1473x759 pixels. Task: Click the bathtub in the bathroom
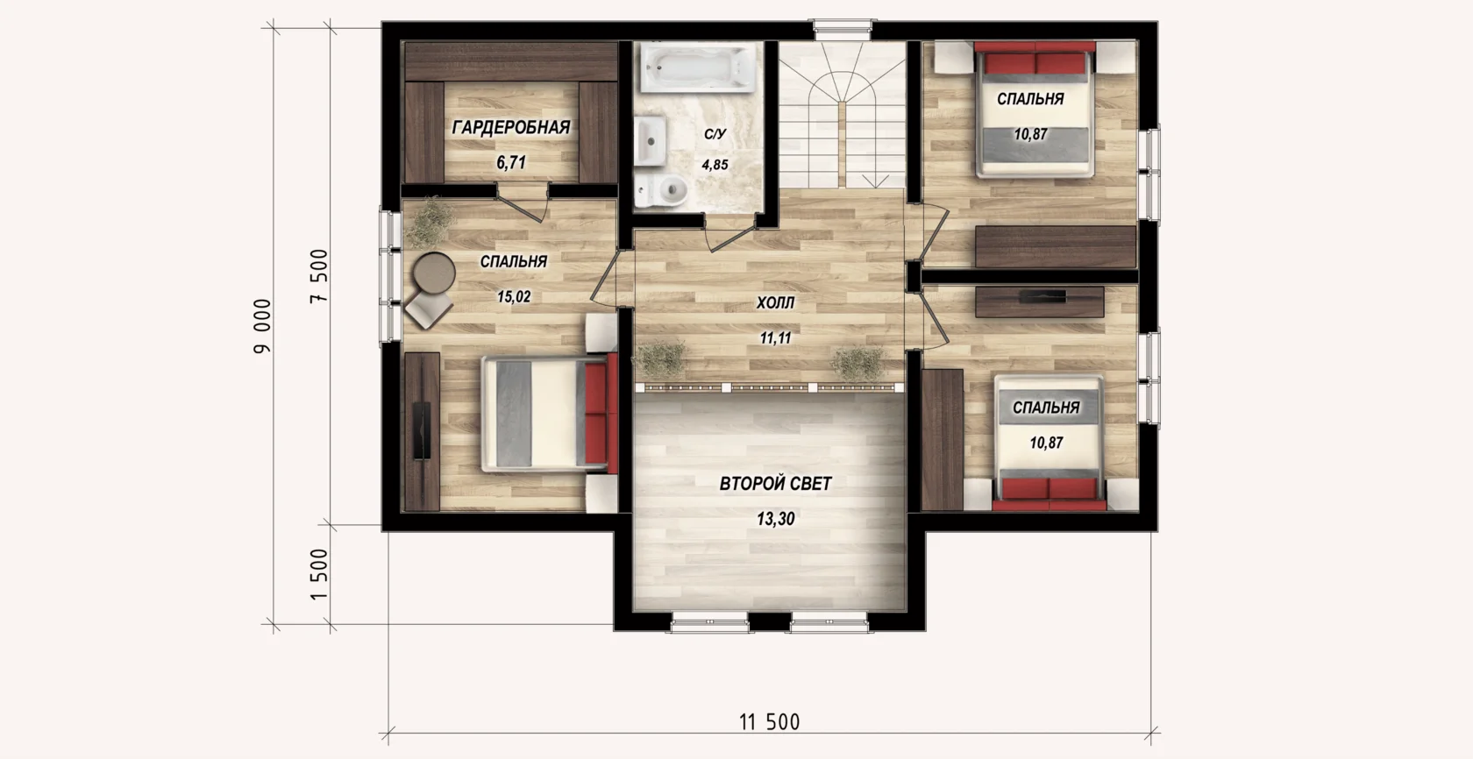[698, 67]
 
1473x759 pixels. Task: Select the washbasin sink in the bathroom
[651, 140]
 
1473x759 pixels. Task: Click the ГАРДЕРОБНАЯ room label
[511, 127]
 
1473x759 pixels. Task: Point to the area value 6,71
[511, 162]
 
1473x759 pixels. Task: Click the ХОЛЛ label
[775, 303]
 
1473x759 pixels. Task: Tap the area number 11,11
[775, 338]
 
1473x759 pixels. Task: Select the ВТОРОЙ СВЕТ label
[775, 484]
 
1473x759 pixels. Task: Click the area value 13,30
[775, 519]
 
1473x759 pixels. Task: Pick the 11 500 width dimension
[770, 722]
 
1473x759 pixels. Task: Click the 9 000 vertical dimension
[262, 327]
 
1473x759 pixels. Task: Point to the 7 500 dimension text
[319, 276]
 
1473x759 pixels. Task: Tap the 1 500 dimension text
[319, 574]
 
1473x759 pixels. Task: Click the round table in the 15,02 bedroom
[434, 272]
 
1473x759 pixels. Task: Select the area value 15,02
[514, 297]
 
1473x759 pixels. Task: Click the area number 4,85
[715, 165]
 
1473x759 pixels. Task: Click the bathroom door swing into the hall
[729, 235]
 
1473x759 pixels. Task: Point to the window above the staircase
[843, 26]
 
